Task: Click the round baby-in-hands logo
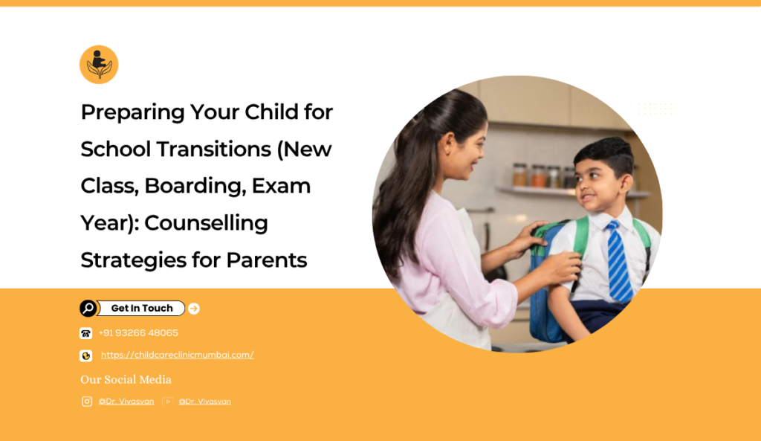point(99,65)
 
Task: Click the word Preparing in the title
point(132,113)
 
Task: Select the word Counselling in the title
point(206,223)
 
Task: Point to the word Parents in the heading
point(267,260)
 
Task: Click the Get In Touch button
point(141,309)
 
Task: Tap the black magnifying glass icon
point(88,309)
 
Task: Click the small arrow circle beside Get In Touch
point(194,309)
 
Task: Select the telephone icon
point(86,333)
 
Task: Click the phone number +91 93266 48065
point(138,333)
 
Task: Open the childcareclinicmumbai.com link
point(177,355)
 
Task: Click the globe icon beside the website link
point(86,356)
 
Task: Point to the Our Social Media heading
point(126,379)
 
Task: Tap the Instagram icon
point(87,401)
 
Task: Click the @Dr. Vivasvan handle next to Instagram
point(126,402)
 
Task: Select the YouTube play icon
point(167,401)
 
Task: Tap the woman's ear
point(447,144)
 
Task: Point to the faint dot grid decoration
point(655,109)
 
